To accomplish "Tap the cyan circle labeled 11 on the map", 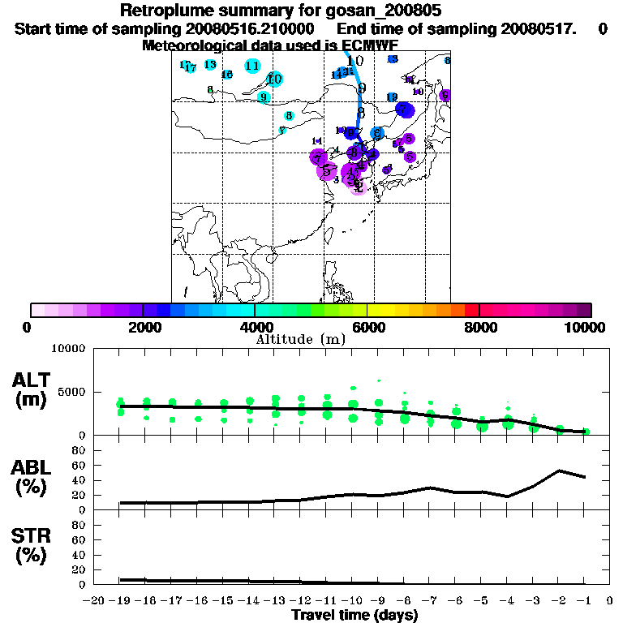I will (x=252, y=66).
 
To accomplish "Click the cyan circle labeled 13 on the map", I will (x=210, y=64).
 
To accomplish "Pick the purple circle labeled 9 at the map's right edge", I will (x=445, y=95).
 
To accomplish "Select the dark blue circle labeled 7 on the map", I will (x=404, y=110).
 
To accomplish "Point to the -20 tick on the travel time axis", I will (x=93, y=601).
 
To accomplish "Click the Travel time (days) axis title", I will (x=354, y=615).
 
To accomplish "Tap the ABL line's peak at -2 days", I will (x=560, y=470).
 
